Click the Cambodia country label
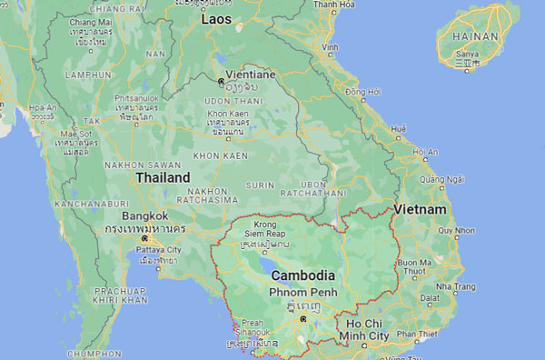pyautogui.click(x=303, y=275)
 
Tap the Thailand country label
pyautogui.click(x=163, y=178)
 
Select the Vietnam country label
pyautogui.click(x=420, y=210)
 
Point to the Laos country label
pyautogui.click(x=216, y=18)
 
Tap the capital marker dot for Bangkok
pyautogui.click(x=144, y=238)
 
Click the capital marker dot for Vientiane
pyautogui.click(x=221, y=80)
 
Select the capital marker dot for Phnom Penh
pyautogui.click(x=303, y=319)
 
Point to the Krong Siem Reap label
pyautogui.click(x=265, y=229)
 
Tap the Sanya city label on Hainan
pyautogui.click(x=464, y=55)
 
